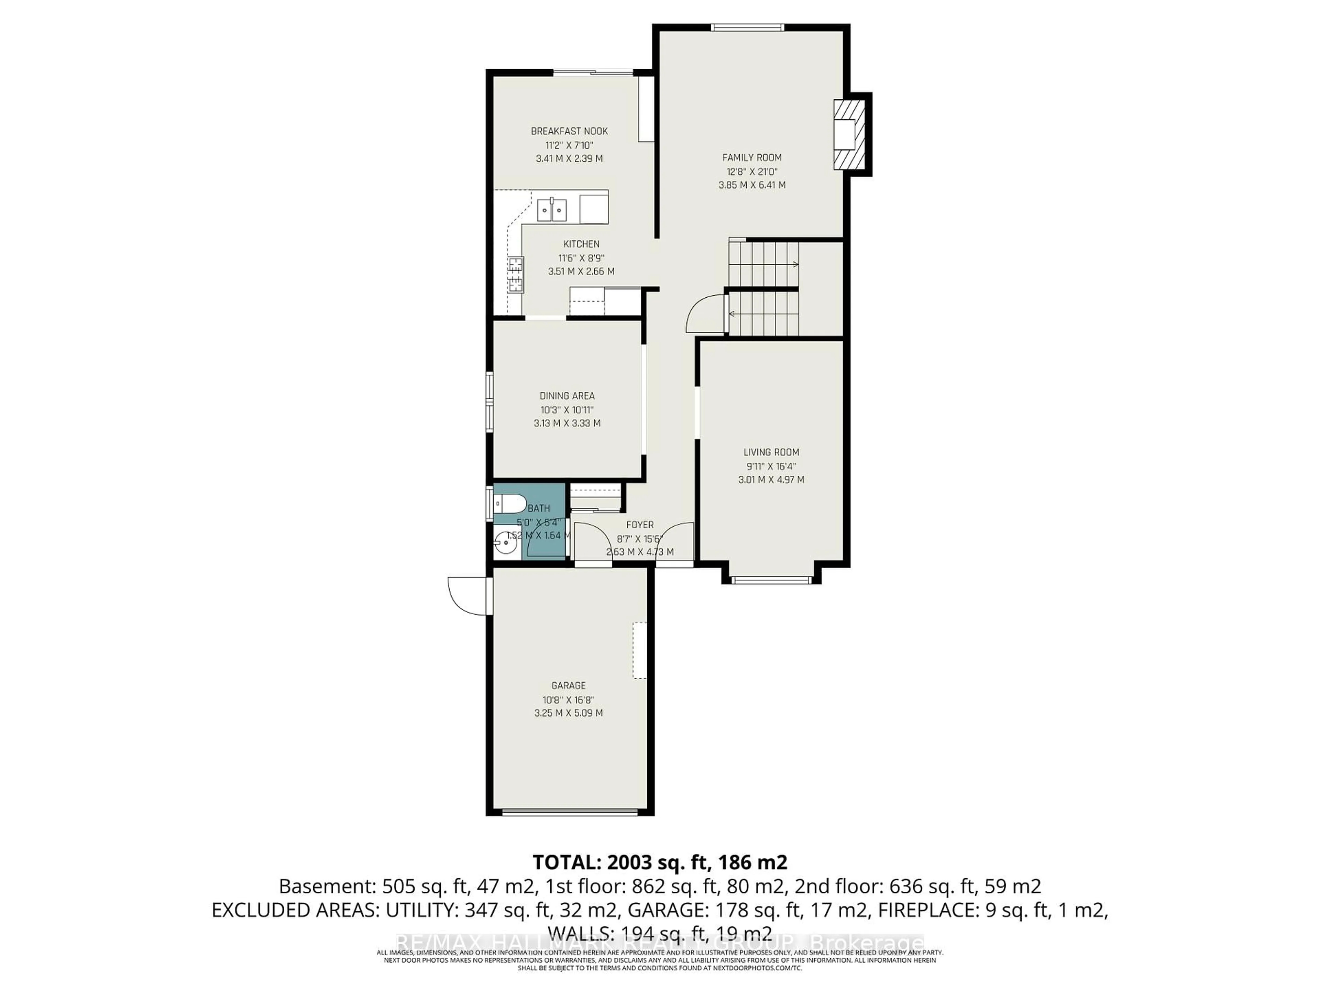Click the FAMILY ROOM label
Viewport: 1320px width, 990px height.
pos(751,157)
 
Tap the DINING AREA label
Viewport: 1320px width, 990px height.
pos(567,396)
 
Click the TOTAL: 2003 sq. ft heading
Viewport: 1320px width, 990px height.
pos(659,862)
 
